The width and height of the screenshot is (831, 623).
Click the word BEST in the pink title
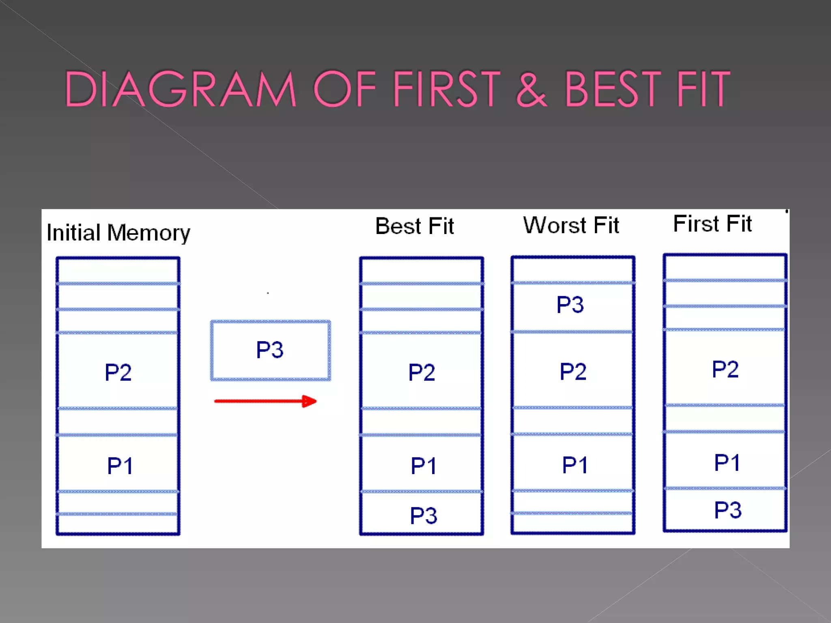click(613, 89)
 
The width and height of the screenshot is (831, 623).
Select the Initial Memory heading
click(118, 233)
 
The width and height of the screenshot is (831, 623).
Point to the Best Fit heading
click(414, 226)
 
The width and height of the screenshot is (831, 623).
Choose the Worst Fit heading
click(571, 225)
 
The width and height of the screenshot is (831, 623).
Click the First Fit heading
click(712, 223)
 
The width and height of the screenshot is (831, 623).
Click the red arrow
click(265, 401)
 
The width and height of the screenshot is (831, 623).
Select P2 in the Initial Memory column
click(118, 372)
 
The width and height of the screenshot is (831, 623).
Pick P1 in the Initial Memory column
click(120, 465)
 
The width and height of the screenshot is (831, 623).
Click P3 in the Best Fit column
click(423, 516)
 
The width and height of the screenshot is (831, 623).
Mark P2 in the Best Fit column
click(422, 372)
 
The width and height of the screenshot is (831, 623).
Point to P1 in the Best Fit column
click(423, 465)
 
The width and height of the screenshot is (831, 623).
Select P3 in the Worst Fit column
click(570, 305)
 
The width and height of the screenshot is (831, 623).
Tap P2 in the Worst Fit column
click(573, 371)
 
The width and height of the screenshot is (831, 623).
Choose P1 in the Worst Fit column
click(575, 464)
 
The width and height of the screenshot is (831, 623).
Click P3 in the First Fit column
click(728, 510)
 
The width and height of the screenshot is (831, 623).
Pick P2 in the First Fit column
click(725, 369)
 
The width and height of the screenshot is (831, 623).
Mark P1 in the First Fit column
click(727, 462)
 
